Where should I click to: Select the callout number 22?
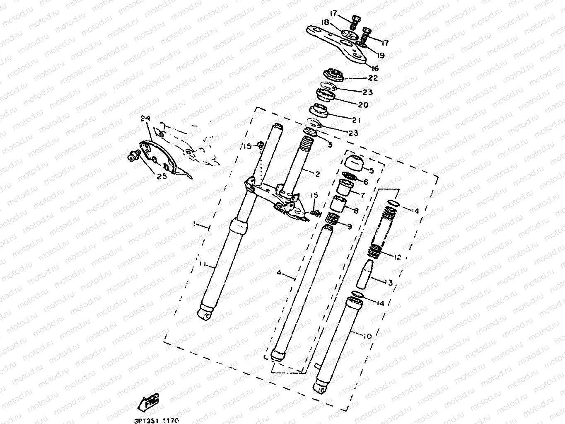[x=372, y=78]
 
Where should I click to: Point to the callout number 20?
[x=363, y=105]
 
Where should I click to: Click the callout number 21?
[x=356, y=120]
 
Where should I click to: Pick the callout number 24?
[x=145, y=119]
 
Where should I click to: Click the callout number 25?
[x=161, y=176]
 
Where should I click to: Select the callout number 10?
[x=367, y=336]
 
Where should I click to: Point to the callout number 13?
[x=388, y=283]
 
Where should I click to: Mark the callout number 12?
[x=397, y=257]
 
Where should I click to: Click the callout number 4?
[x=279, y=273]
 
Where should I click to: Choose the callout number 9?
[x=349, y=226]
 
